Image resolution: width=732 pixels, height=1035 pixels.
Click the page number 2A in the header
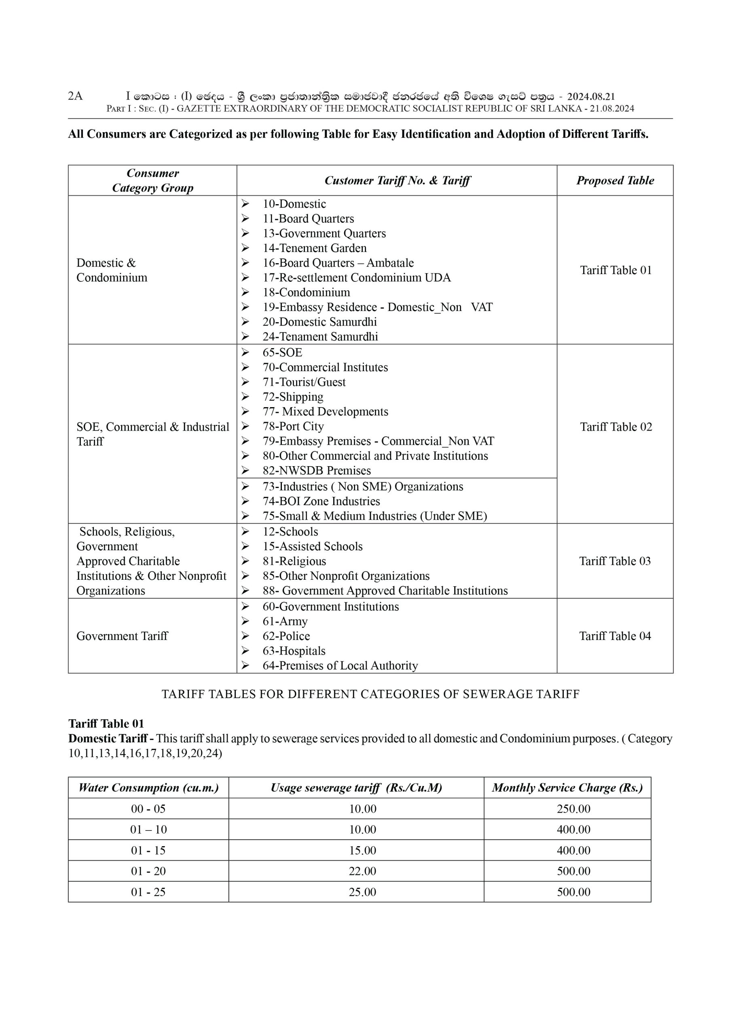tap(75, 96)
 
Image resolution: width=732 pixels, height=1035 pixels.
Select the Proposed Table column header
tap(615, 180)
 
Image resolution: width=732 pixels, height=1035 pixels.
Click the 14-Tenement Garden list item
tap(314, 248)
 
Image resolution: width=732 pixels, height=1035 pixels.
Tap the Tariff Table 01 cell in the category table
tap(616, 270)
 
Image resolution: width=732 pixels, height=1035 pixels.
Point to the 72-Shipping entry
tap(293, 397)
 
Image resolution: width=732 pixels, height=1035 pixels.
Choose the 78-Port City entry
tap(293, 426)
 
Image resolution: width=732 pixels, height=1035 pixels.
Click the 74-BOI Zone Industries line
tap(321, 501)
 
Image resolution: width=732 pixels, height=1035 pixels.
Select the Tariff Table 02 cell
tap(616, 427)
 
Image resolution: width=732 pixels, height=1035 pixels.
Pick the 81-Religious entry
tap(294, 561)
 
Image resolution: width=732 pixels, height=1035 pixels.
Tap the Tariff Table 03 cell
tap(615, 561)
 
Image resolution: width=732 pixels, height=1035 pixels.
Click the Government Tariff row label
tap(122, 636)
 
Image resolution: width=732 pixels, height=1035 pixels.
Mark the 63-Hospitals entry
tap(294, 651)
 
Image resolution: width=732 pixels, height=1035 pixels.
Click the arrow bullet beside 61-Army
tap(245, 621)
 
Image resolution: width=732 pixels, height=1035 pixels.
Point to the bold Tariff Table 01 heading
tap(106, 724)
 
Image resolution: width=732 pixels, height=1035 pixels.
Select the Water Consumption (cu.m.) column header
tap(148, 788)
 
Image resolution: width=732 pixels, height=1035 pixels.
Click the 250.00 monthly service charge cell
tap(573, 809)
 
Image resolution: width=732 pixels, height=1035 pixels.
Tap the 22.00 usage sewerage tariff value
tap(362, 871)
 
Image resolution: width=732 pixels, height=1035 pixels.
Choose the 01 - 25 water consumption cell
tap(148, 891)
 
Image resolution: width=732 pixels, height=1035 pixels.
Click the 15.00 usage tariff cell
tap(362, 850)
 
